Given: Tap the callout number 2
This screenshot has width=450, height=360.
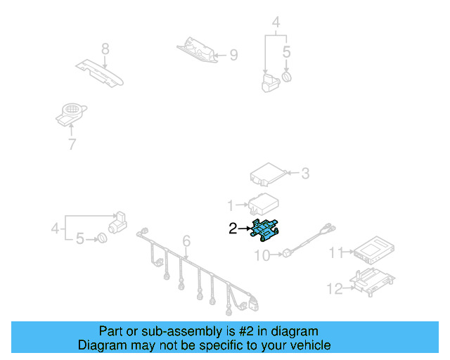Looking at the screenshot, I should click(x=233, y=228).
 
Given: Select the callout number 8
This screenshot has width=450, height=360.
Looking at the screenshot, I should click(x=105, y=49).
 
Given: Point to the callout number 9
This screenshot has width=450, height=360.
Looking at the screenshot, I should click(x=233, y=54).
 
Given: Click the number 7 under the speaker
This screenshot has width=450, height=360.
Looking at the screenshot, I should click(x=71, y=145).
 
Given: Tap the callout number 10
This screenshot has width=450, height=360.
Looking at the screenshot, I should click(x=261, y=256).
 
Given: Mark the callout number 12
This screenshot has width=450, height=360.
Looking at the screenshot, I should click(x=334, y=287).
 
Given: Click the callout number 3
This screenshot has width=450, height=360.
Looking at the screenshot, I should click(x=304, y=172).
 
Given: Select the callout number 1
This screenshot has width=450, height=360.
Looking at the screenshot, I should click(x=230, y=205).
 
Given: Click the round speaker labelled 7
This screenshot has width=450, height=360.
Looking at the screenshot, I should click(x=71, y=113).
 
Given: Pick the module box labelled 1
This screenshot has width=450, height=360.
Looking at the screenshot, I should click(x=262, y=203).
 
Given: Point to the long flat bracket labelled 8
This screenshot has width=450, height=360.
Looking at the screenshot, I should click(x=101, y=72).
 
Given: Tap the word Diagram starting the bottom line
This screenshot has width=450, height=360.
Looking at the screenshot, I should click(x=101, y=345).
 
